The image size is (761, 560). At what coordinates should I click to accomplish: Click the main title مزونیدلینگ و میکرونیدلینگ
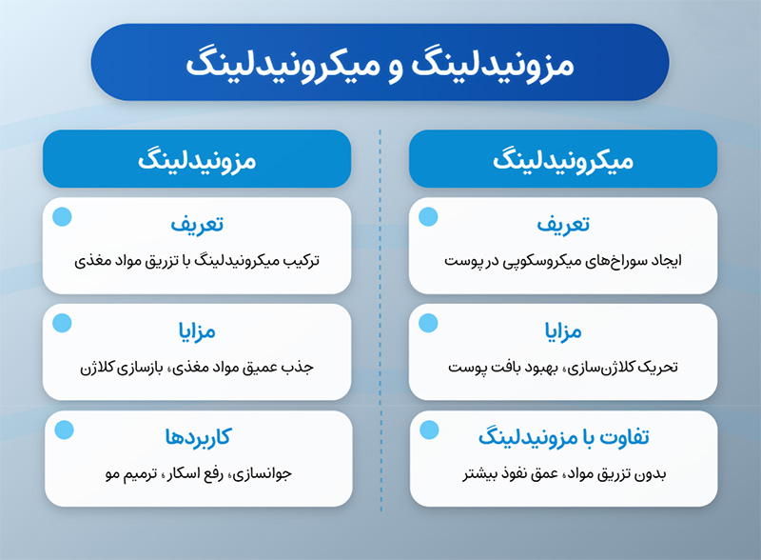pos(380,65)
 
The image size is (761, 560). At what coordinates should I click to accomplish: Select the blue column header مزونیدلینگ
pos(197,159)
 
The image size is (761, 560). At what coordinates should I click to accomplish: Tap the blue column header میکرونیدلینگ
pos(563,159)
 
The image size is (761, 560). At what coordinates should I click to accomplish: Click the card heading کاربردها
pos(198,437)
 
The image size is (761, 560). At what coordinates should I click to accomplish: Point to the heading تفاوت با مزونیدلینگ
pos(563,437)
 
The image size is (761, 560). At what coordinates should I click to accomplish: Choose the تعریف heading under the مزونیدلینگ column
pos(197,224)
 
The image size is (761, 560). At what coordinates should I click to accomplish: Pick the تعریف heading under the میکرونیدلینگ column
pos(563,224)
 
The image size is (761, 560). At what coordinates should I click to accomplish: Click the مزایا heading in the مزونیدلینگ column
pos(197,331)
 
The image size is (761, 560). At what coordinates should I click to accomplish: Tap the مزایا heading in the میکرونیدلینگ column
pos(563,331)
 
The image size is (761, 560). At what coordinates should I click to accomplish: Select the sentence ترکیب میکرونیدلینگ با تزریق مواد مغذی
pos(197,261)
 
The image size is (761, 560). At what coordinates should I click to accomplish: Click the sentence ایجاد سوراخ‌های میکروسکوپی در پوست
pos(563,261)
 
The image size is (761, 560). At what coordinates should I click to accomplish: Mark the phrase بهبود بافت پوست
pos(503,368)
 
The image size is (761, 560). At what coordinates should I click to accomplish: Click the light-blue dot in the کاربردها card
pos(64,430)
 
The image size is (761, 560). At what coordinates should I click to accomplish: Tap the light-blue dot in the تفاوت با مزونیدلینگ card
pos(429,430)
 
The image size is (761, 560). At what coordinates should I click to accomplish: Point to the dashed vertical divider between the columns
pos(380,320)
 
